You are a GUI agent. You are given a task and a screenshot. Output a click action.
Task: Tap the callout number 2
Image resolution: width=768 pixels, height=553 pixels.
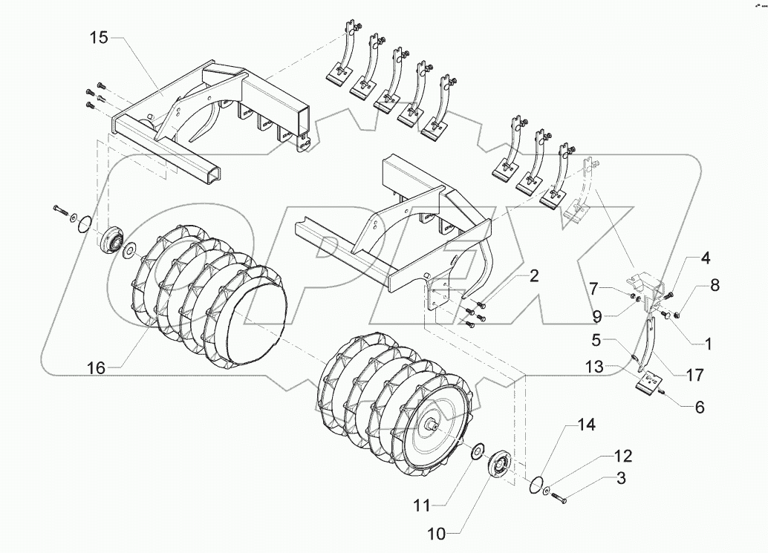[533, 278]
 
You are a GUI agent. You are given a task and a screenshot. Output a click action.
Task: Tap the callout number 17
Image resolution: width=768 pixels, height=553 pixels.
[694, 376]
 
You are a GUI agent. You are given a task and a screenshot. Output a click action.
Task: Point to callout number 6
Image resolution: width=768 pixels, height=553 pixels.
[699, 407]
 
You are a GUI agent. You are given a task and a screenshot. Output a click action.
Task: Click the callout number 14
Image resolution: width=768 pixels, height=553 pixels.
[587, 426]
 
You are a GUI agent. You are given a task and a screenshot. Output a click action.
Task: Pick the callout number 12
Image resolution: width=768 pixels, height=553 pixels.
[623, 454]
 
